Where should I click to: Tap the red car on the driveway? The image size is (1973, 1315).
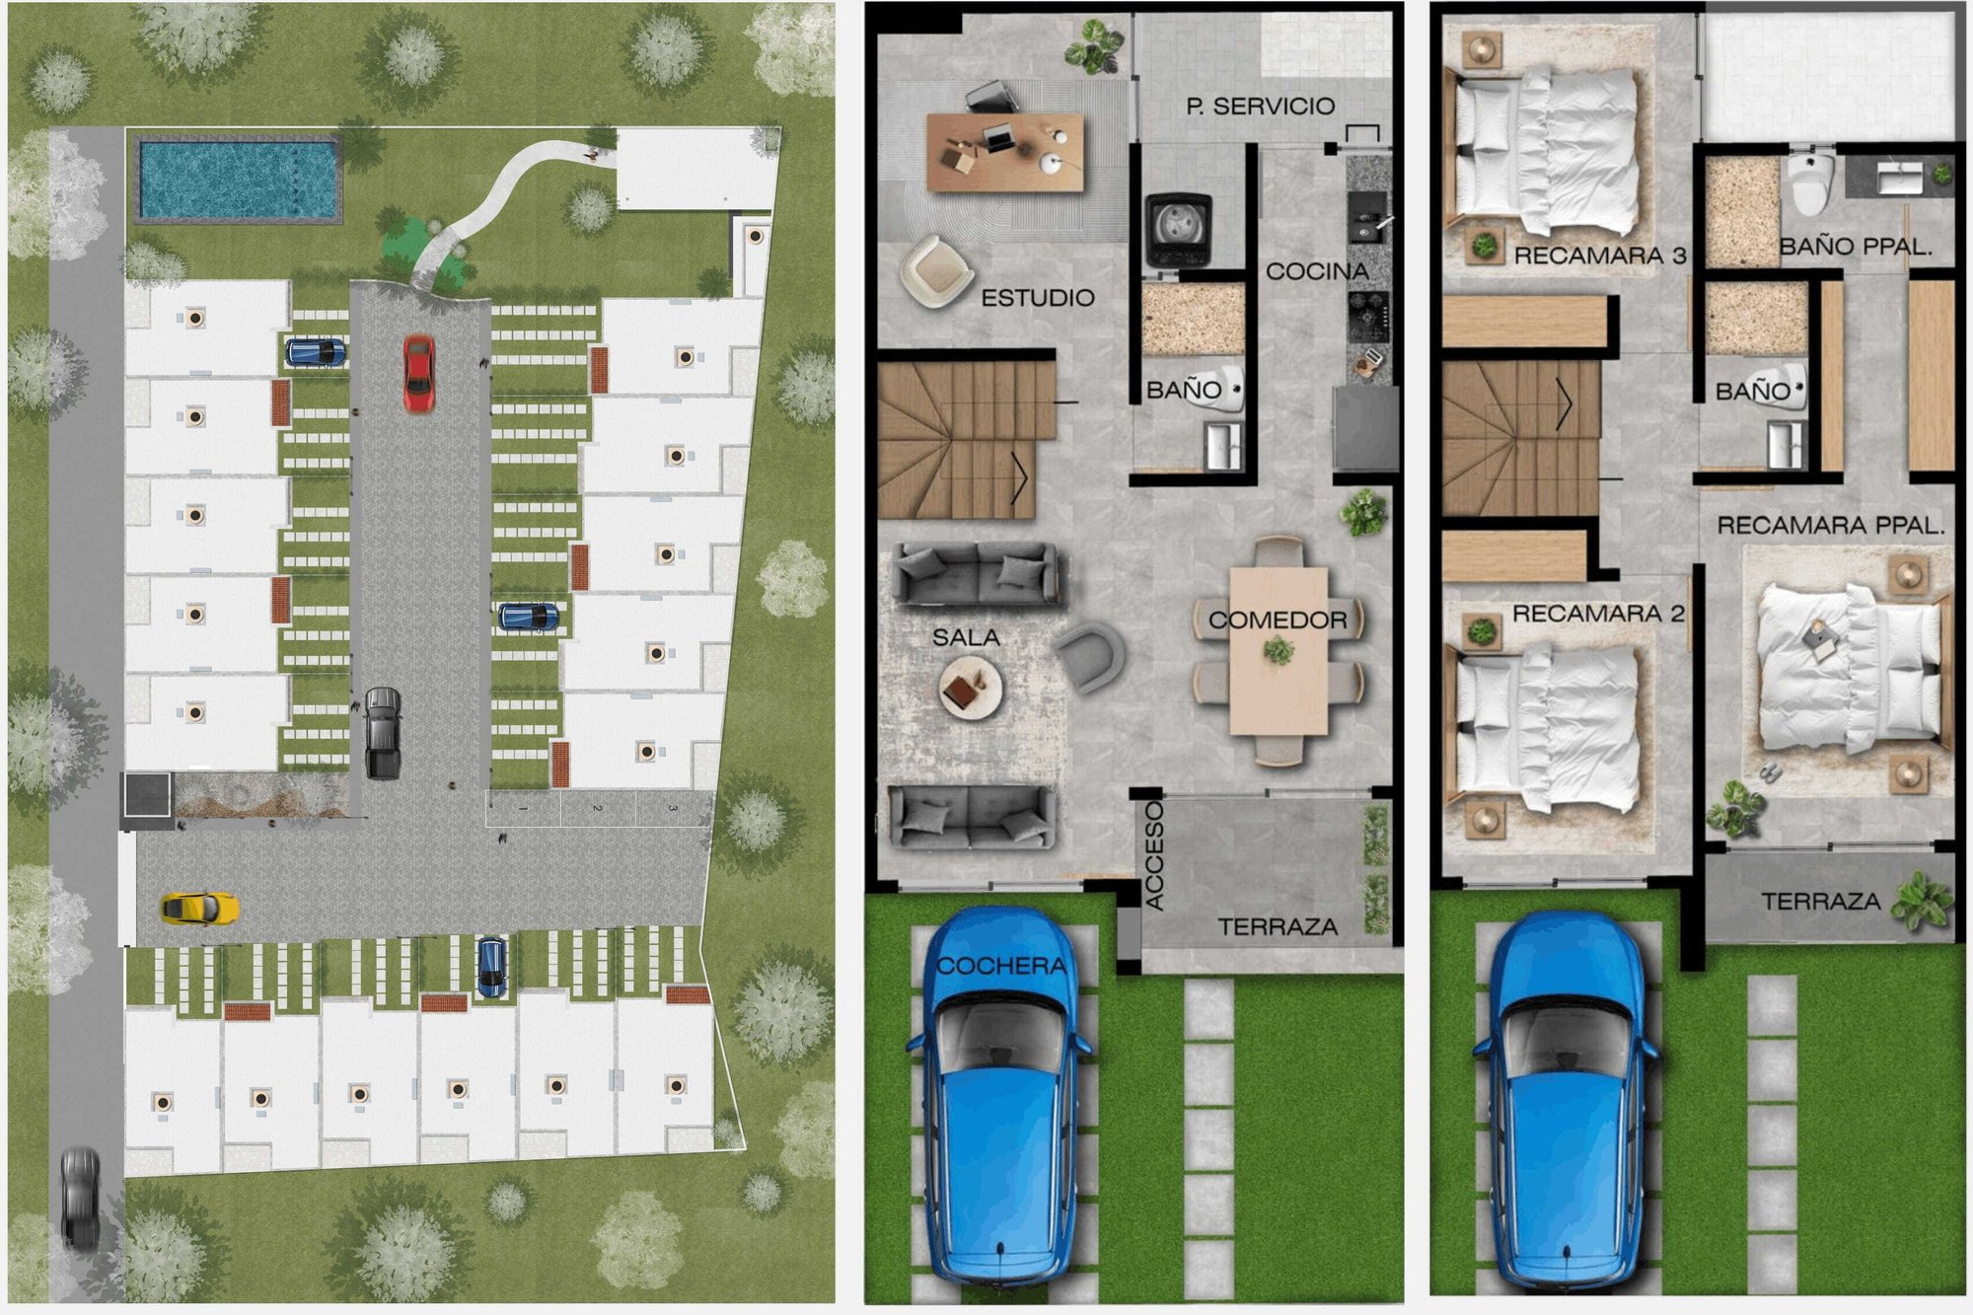coord(418,373)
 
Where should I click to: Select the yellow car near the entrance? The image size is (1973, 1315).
coord(200,908)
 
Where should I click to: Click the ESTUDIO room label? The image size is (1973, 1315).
coord(1038,298)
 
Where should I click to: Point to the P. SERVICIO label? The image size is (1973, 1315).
coord(1261,106)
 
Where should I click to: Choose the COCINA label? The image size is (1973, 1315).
coord(1317,271)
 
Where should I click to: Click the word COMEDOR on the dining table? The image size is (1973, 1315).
coord(1278,620)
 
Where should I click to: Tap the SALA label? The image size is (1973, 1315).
coord(966,637)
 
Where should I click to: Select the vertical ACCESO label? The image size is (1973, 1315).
coord(1154,854)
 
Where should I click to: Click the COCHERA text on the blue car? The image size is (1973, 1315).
coord(1001,966)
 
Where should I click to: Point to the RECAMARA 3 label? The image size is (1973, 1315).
coord(1600,256)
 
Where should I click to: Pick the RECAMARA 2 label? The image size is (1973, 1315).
coord(1598,614)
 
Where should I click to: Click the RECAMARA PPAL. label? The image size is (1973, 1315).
coord(1831,526)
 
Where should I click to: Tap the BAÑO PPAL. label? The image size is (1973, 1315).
coord(1856,247)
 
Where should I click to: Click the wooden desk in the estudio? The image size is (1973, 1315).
coord(1005,152)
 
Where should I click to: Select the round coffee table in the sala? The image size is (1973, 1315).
coord(971,687)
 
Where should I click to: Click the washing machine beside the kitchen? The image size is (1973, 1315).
coord(1178,230)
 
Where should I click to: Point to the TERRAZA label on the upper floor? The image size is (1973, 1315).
coord(1821,901)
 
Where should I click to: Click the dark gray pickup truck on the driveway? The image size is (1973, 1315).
coord(383,733)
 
